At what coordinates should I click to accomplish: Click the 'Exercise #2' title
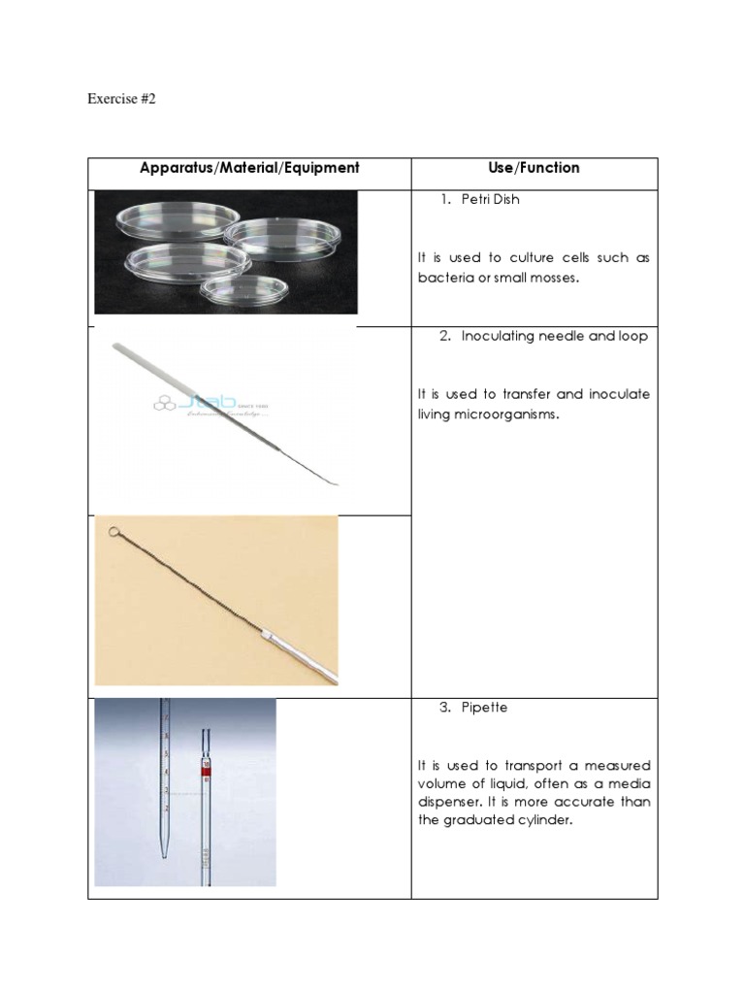coord(121,98)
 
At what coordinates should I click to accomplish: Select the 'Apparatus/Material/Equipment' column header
coord(249,168)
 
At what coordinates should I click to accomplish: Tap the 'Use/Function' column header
coord(534,168)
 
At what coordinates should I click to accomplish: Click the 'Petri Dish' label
coord(496,200)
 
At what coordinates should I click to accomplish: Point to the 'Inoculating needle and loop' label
coord(554,337)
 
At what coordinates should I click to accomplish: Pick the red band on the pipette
coord(205,771)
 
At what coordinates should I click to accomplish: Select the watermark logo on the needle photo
coord(209,404)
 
